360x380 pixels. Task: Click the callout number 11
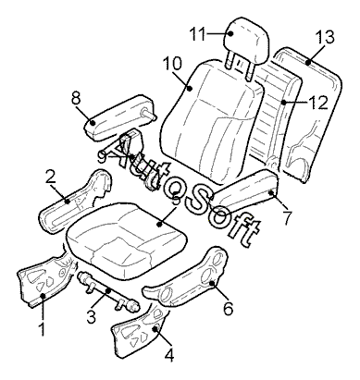point(197,33)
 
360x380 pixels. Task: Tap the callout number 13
point(325,37)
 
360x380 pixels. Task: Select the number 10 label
point(173,63)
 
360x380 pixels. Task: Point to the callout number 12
point(317,103)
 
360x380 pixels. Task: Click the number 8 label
point(76,99)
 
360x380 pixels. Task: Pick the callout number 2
point(50,178)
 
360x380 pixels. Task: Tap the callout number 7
point(287,218)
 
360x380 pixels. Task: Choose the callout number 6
point(228,309)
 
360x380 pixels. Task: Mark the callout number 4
point(169,355)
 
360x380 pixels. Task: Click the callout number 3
point(92,317)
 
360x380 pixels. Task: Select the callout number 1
point(42,329)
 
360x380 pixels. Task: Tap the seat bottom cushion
point(127,239)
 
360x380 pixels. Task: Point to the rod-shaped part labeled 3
point(108,291)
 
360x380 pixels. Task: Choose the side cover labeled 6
point(187,277)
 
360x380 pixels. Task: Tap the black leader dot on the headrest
point(230,33)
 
